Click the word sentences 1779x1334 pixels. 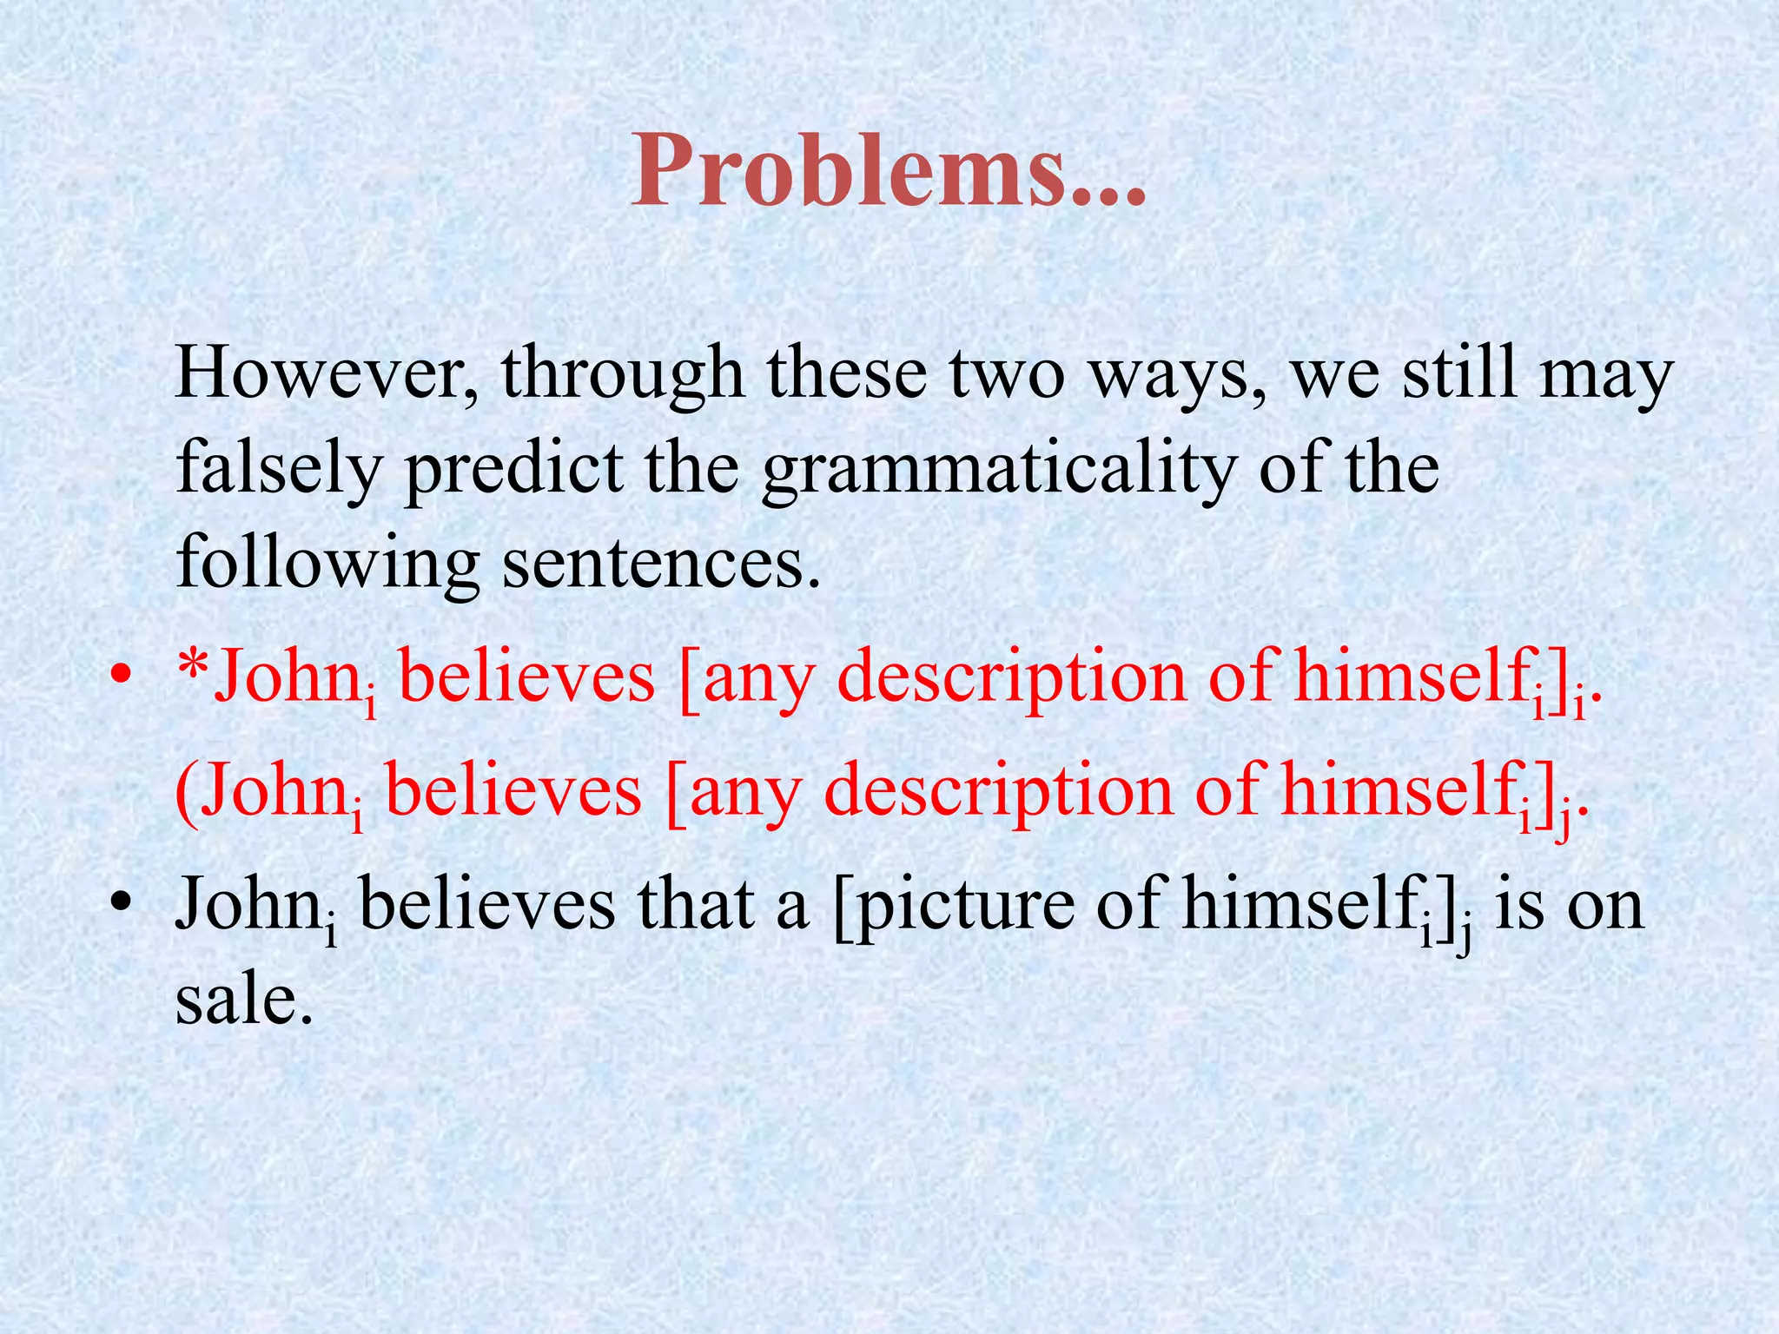[661, 563]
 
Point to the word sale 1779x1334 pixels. [242, 999]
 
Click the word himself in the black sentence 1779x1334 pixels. [1300, 903]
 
